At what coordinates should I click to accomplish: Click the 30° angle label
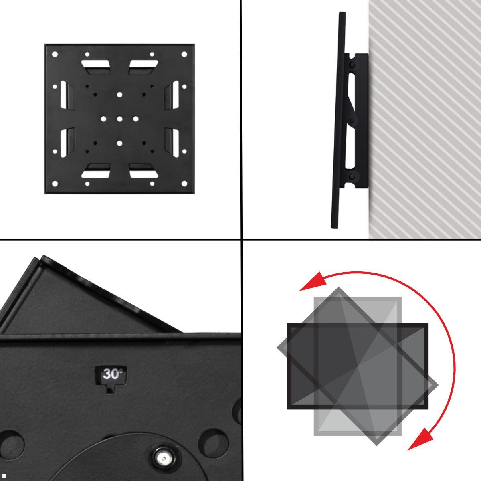point(113,374)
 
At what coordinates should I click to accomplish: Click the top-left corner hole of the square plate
point(55,54)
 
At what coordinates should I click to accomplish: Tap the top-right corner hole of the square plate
point(184,54)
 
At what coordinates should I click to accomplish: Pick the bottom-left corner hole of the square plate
point(55,184)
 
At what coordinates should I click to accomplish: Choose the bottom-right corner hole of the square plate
point(184,184)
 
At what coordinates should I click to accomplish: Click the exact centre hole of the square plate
point(119,119)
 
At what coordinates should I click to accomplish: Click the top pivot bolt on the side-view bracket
point(352,65)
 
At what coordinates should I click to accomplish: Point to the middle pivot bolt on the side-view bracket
point(352,121)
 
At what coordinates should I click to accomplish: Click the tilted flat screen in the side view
point(338,120)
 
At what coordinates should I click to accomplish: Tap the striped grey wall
point(425,119)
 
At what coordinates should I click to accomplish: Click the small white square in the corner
point(4,476)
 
